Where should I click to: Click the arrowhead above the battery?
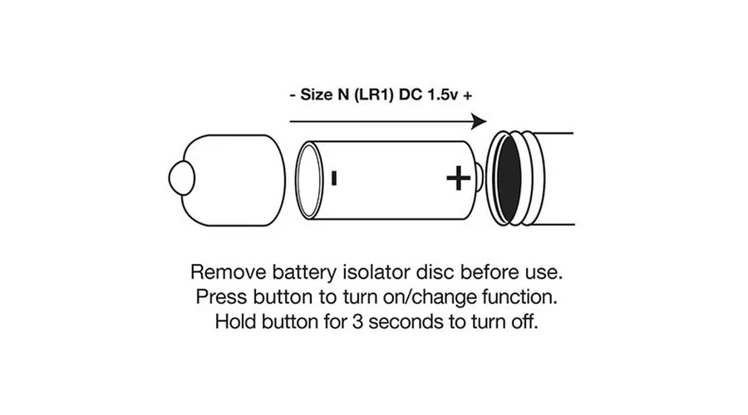(479, 121)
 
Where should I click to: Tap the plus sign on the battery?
(459, 178)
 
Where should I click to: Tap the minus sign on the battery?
(334, 178)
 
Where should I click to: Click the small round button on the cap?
(181, 178)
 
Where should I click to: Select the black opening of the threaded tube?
(509, 178)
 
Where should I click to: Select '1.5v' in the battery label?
(442, 95)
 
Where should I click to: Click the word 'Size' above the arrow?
(317, 95)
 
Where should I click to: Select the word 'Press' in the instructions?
(222, 297)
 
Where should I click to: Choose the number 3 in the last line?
(357, 322)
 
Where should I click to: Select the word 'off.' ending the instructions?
(524, 322)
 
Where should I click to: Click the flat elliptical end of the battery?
(309, 180)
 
